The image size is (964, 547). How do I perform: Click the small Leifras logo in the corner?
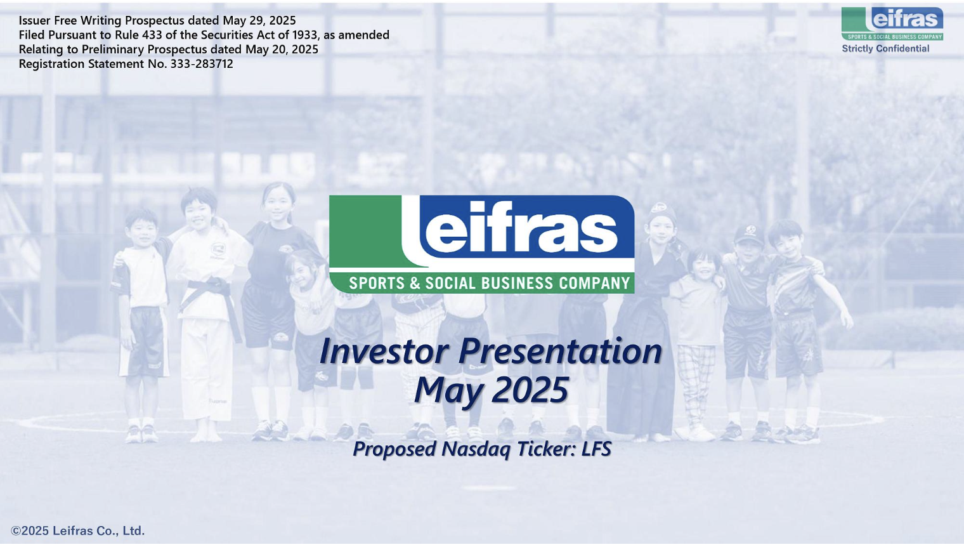pyautogui.click(x=892, y=23)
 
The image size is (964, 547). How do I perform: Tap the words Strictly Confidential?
pyautogui.click(x=885, y=49)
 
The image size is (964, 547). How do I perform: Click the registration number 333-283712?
pyautogui.click(x=202, y=63)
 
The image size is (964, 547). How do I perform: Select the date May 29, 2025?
pyautogui.click(x=259, y=21)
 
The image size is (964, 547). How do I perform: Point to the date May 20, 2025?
pyautogui.click(x=282, y=49)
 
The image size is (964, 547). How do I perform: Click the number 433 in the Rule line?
pyautogui.click(x=152, y=35)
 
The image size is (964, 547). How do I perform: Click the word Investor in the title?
pyautogui.click(x=384, y=351)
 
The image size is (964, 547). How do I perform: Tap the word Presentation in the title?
pyautogui.click(x=560, y=351)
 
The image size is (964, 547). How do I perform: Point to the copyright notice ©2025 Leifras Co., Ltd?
pyautogui.click(x=78, y=531)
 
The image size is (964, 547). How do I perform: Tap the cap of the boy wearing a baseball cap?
pyautogui.click(x=749, y=234)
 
